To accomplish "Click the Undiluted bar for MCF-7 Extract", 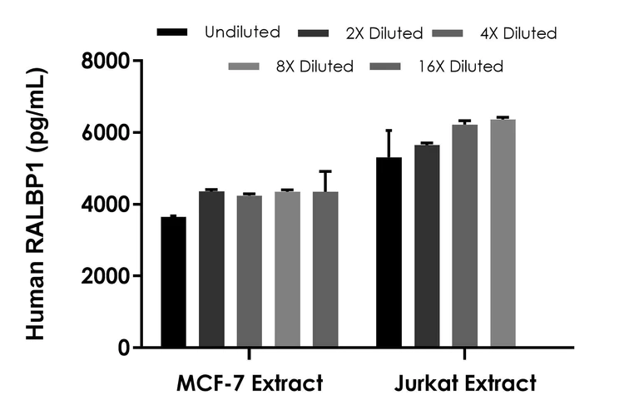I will click(x=173, y=282).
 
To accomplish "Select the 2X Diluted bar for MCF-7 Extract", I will click(x=211, y=269).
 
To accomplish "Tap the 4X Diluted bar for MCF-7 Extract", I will click(x=250, y=271).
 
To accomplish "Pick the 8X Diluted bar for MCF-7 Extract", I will click(x=287, y=269).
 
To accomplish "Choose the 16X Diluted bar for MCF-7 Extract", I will click(x=325, y=269).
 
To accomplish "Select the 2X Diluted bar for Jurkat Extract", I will click(x=427, y=246).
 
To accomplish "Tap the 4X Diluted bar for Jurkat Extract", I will click(x=464, y=236).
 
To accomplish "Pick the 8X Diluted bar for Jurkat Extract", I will click(x=503, y=234).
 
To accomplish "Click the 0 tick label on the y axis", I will click(x=123, y=348).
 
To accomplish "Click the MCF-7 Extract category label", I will click(x=249, y=384).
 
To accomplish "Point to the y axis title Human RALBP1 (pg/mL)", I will click(x=35, y=205).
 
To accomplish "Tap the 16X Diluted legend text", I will click(x=459, y=66).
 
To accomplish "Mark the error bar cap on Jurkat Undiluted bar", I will click(x=389, y=131).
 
